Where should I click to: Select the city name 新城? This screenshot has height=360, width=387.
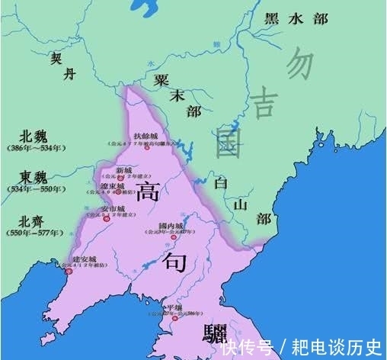coord(123,169)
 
